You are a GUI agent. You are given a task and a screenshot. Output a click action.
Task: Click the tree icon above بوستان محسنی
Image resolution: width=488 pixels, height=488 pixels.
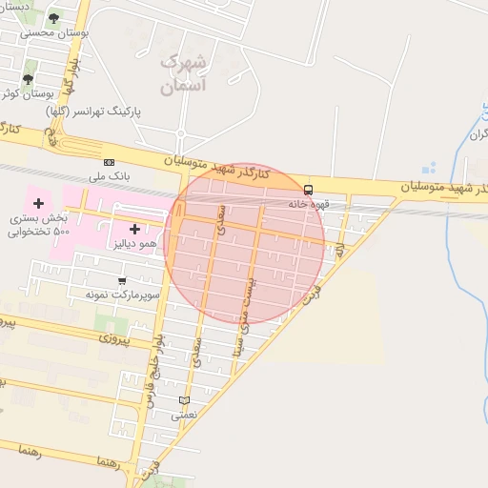point(52,18)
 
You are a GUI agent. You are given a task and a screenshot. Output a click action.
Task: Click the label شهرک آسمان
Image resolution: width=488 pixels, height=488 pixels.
point(182,73)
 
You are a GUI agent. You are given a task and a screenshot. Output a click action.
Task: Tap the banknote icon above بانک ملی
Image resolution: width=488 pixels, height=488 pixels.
point(109,162)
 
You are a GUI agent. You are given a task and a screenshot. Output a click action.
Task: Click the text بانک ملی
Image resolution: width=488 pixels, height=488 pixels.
point(108,176)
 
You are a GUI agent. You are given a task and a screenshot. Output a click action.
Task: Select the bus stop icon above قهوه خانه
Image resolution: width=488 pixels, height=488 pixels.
point(308,189)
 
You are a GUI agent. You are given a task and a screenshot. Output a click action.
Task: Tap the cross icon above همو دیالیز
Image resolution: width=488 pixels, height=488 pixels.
point(134,229)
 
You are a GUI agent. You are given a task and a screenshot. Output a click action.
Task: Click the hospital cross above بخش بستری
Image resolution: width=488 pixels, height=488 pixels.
point(38,203)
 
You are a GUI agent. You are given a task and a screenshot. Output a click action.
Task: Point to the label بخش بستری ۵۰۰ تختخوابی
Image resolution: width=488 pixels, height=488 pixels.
point(36,225)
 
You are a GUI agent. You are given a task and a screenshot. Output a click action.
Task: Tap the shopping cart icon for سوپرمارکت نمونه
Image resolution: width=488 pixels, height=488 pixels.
point(122,280)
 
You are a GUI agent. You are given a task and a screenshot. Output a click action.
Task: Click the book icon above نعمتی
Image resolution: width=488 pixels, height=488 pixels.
point(184,400)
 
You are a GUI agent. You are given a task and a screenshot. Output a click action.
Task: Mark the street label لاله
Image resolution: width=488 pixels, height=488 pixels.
point(339,250)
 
